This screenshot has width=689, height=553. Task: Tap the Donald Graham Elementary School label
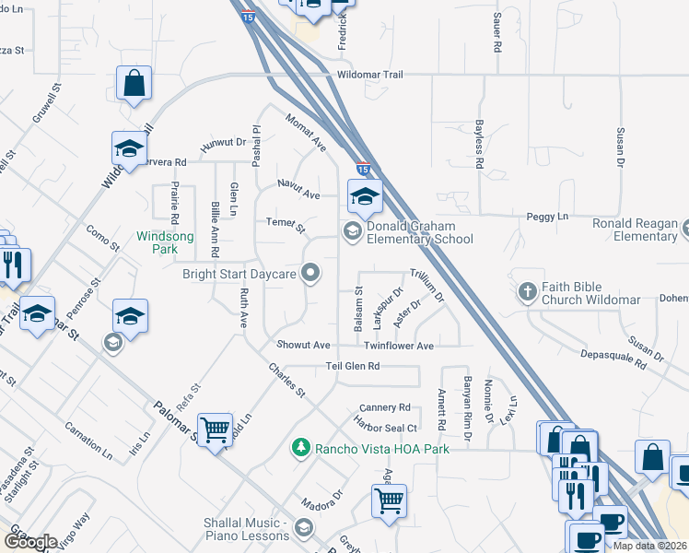tap(419, 233)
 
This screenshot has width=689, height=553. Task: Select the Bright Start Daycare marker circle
tap(311, 271)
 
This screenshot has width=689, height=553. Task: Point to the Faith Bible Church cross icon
tap(527, 291)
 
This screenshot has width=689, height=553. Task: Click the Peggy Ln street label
tap(547, 217)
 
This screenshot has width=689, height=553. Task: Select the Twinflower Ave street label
tap(398, 346)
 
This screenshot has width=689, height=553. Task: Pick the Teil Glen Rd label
tap(353, 366)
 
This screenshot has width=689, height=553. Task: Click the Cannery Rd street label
tap(385, 406)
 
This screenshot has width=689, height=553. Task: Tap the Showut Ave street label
tap(303, 345)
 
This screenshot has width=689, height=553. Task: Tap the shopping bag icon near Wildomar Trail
tap(134, 84)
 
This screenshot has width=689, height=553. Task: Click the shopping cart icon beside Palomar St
tap(215, 429)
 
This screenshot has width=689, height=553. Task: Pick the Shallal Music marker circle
tap(305, 528)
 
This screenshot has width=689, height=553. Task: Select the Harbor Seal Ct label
tap(386, 426)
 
